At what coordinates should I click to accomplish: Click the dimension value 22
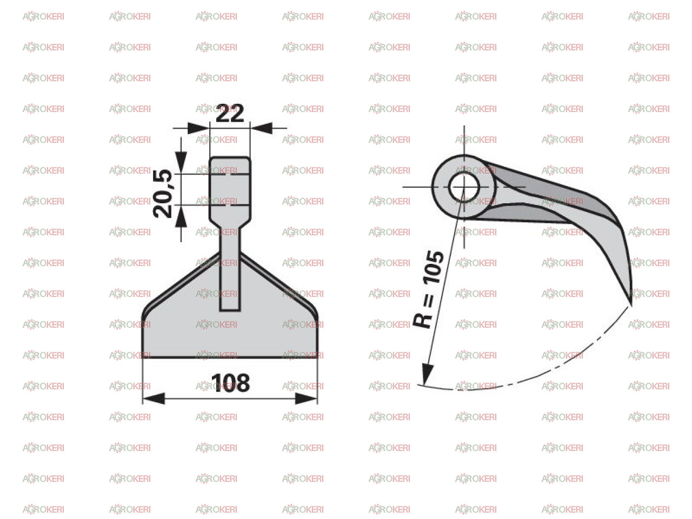230,113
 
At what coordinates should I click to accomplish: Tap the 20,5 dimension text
163,194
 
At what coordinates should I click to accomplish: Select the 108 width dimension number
230,383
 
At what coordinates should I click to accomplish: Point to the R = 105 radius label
428,289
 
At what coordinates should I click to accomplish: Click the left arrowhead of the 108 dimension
154,398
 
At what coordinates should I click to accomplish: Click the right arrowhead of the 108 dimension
306,398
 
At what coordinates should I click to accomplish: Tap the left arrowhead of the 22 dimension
198,128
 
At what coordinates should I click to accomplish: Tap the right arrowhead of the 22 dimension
262,128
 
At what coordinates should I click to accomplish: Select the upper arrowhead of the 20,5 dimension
181,162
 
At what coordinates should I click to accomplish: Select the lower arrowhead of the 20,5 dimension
181,216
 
